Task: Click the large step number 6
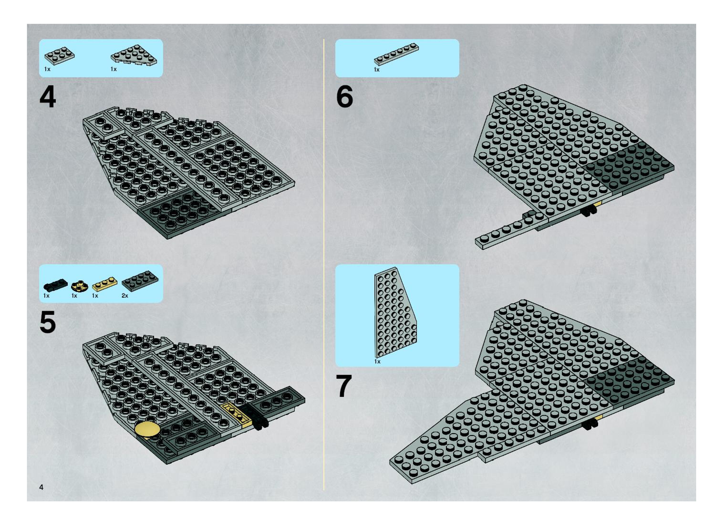pyautogui.click(x=345, y=96)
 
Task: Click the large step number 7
pyautogui.click(x=344, y=386)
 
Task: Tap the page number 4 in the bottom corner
pyautogui.click(x=41, y=487)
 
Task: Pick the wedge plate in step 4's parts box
pyautogui.click(x=134, y=55)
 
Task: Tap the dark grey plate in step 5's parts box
pyautogui.click(x=140, y=280)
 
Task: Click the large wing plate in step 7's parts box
pyautogui.click(x=395, y=312)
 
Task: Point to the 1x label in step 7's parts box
pyautogui.click(x=377, y=362)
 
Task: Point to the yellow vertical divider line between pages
pyautogui.click(x=324, y=264)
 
